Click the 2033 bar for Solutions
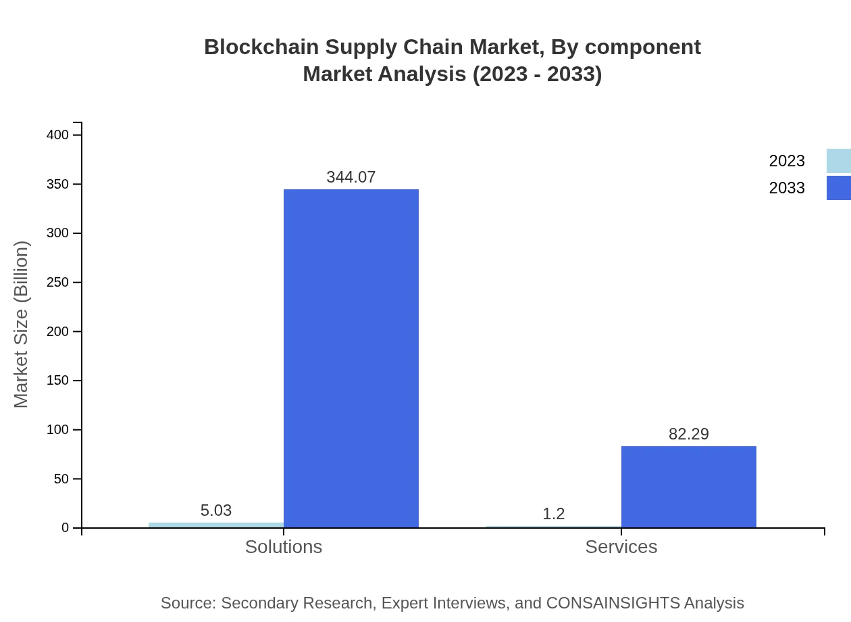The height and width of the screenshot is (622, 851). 351,358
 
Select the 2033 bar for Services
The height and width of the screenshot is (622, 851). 688,487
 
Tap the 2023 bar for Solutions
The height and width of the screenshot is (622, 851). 215,525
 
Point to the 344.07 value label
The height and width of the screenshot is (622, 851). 351,177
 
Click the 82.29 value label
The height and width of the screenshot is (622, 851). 688,434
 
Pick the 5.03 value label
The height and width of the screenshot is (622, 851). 215,510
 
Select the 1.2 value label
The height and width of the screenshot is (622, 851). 553,514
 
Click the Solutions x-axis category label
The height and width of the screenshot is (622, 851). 283,546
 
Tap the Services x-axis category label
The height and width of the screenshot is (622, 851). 621,546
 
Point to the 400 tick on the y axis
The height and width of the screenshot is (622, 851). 57,135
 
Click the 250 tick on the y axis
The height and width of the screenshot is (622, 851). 57,283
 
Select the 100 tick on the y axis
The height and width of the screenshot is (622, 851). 57,430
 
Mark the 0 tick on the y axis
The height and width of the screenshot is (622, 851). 66,528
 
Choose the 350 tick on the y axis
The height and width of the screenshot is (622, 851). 57,185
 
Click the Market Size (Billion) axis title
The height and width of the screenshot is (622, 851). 21,325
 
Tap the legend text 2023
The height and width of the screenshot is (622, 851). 786,161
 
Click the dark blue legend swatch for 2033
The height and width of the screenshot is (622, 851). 838,188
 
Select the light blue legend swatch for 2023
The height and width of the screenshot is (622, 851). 838,161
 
